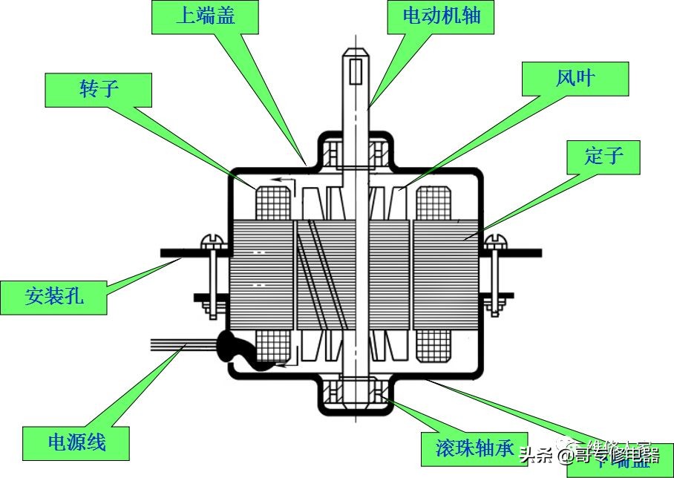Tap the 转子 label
pyautogui.click(x=98, y=89)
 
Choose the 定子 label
pyautogui.click(x=603, y=157)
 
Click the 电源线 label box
pyautogui.click(x=76, y=443)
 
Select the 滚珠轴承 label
pyautogui.click(x=474, y=448)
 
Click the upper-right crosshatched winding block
pyautogui.click(x=434, y=203)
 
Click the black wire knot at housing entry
pyautogui.click(x=234, y=349)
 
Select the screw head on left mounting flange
pyautogui.click(x=212, y=242)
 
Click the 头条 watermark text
pyautogui.click(x=537, y=454)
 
